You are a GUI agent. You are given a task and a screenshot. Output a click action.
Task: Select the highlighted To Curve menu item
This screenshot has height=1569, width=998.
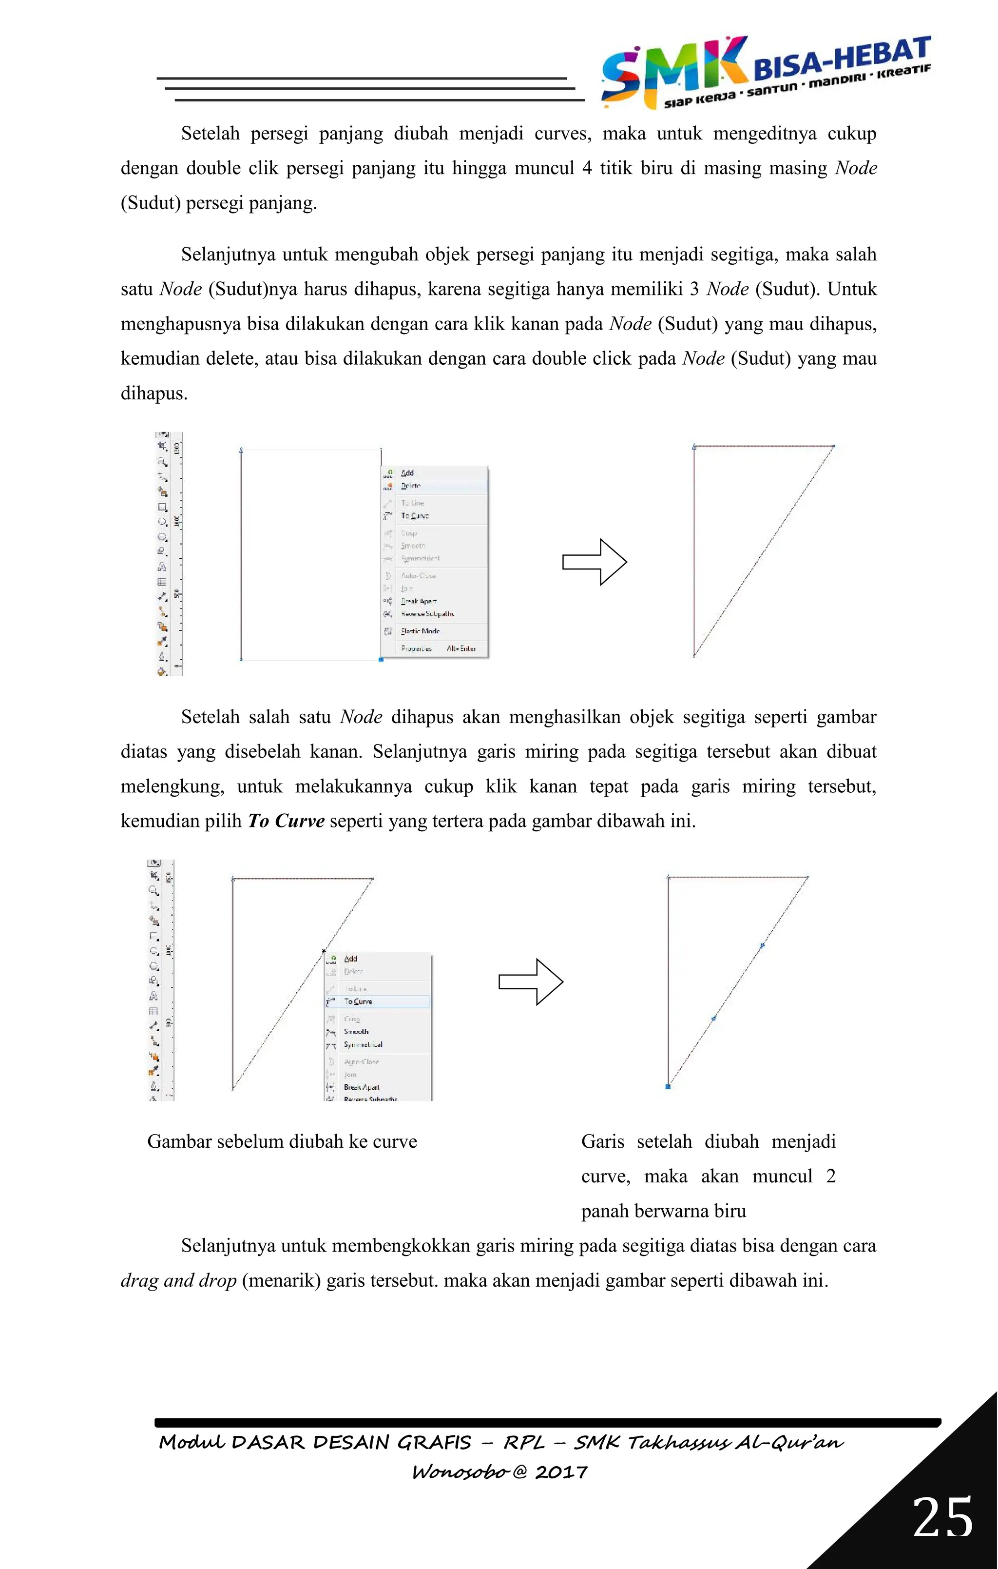tap(359, 1001)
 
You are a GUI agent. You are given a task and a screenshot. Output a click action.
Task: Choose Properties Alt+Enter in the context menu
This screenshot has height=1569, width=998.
tap(438, 648)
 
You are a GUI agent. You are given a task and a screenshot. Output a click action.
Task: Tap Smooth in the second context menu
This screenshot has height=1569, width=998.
tap(356, 1031)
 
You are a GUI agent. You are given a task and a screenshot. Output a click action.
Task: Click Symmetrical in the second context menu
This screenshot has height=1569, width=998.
tap(363, 1044)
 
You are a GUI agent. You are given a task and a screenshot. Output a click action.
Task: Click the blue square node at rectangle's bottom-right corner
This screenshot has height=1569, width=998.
tap(381, 659)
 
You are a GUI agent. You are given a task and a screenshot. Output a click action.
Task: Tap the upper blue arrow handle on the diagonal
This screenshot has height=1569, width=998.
tap(762, 945)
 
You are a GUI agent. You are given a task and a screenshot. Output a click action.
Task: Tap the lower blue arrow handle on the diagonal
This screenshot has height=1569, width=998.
tap(714, 1018)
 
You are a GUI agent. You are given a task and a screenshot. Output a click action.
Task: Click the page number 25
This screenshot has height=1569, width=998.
tap(942, 1517)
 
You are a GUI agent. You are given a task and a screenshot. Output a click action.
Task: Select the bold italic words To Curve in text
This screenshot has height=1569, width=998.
tap(286, 821)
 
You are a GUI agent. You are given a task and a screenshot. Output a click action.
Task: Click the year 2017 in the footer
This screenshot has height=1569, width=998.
tap(561, 1472)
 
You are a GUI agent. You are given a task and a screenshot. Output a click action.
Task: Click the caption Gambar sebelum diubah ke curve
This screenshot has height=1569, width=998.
tap(282, 1141)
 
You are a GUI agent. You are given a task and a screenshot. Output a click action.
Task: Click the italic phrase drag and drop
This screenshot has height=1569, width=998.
tap(178, 1280)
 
